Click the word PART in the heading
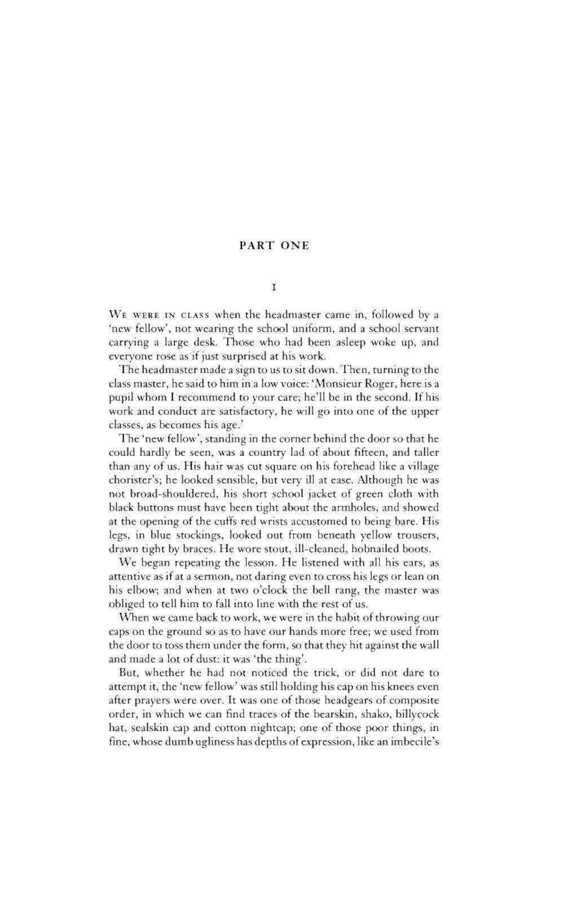(x=257, y=245)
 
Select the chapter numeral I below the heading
(x=274, y=287)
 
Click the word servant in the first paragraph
(x=419, y=328)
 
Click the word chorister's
(x=131, y=480)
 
